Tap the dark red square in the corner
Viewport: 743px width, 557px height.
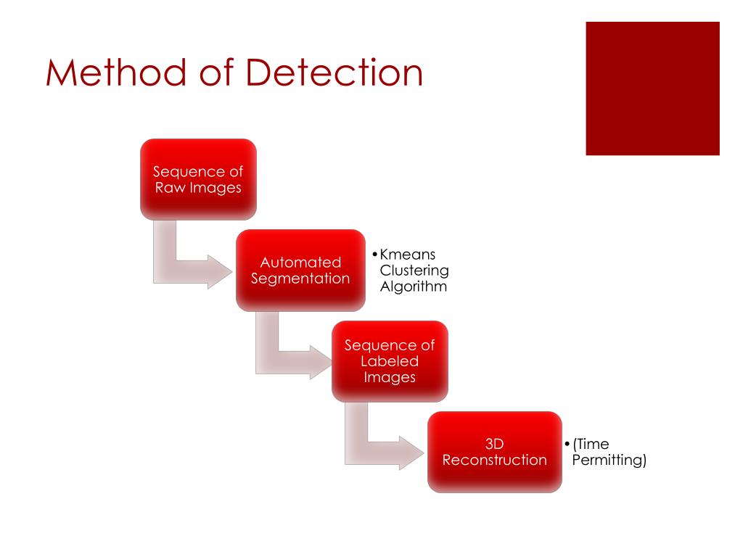[x=652, y=88]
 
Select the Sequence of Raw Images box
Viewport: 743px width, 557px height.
[x=198, y=179]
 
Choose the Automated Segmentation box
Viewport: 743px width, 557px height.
[x=300, y=270]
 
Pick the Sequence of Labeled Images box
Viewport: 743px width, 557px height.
[x=390, y=360]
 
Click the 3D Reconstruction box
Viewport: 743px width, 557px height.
[x=494, y=451]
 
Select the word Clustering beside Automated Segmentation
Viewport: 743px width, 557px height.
[x=414, y=271]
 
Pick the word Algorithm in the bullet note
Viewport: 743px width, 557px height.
[x=413, y=286]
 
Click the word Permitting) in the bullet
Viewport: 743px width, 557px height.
[x=609, y=459]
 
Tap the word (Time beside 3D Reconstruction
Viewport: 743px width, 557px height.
[x=591, y=444]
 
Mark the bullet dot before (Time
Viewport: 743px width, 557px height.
[x=566, y=444]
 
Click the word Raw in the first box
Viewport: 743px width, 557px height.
[x=169, y=188]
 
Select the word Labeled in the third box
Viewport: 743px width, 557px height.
[x=390, y=360]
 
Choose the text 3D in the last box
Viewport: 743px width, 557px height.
[x=494, y=443]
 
